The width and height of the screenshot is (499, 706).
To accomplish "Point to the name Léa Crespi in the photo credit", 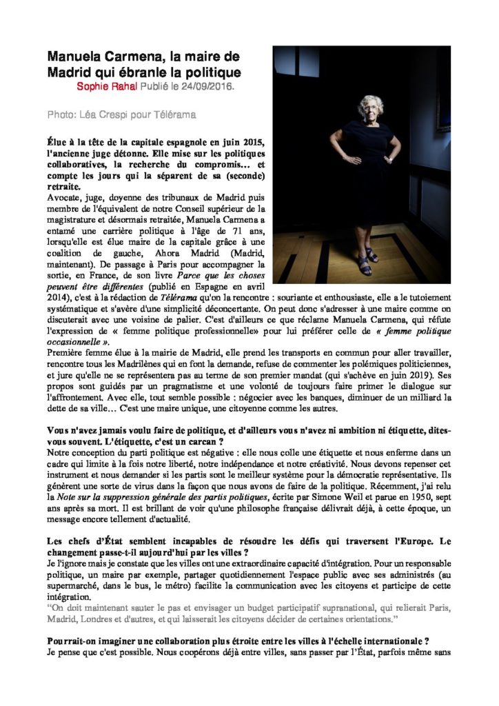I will [103, 114].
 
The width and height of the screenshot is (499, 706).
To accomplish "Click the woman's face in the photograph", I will [370, 108].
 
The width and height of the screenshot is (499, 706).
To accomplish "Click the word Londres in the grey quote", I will [103, 619].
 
